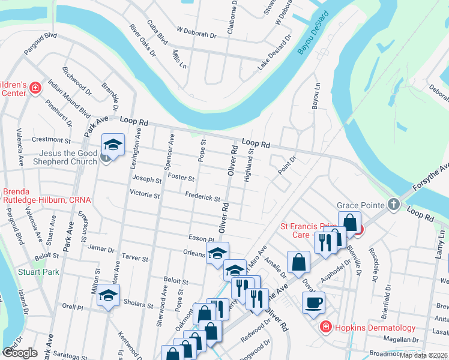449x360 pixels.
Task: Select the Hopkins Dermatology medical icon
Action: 325,327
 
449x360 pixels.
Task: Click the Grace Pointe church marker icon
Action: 394,205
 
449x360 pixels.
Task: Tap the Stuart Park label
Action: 43,272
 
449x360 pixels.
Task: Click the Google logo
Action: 20,352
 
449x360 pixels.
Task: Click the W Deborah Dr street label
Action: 196,35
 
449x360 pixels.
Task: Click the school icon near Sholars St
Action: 109,295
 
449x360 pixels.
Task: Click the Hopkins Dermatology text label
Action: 376,328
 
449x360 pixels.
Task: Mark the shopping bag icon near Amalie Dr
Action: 298,262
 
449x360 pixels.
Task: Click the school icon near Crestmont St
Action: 113,144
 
